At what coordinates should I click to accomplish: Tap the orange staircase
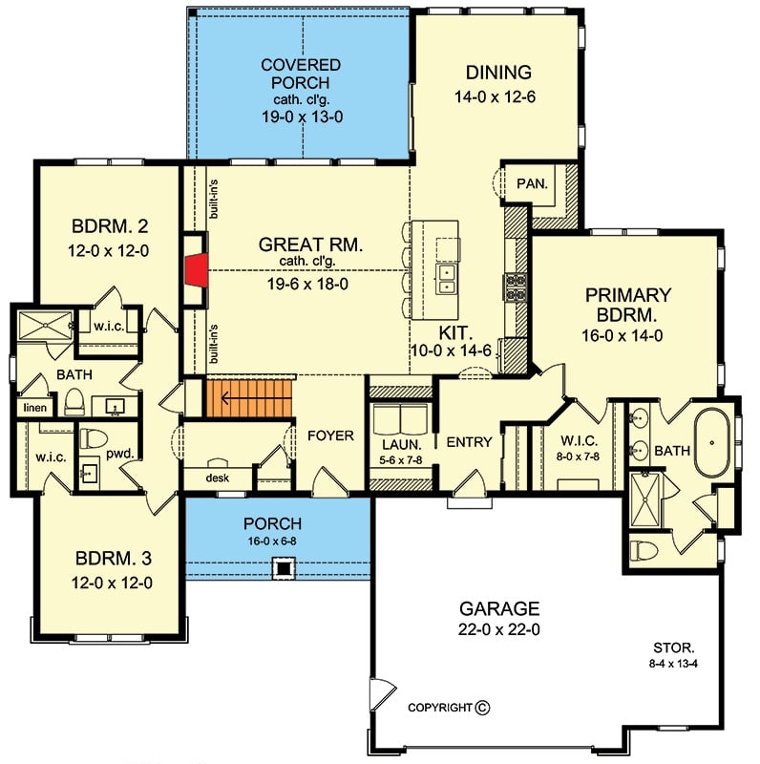pyautogui.click(x=246, y=395)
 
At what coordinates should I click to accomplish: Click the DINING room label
pyautogui.click(x=497, y=73)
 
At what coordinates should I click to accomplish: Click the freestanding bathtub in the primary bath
pyautogui.click(x=713, y=442)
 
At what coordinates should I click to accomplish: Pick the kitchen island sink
pyautogui.click(x=446, y=278)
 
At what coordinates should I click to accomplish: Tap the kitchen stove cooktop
pyautogui.click(x=515, y=284)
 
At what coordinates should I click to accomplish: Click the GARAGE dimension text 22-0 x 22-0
pyautogui.click(x=500, y=630)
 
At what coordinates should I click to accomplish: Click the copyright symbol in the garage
pyautogui.click(x=482, y=708)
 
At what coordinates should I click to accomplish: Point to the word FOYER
pyautogui.click(x=330, y=435)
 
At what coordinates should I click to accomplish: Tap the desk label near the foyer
pyautogui.click(x=217, y=477)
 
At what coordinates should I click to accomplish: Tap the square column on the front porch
pyautogui.click(x=283, y=570)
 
